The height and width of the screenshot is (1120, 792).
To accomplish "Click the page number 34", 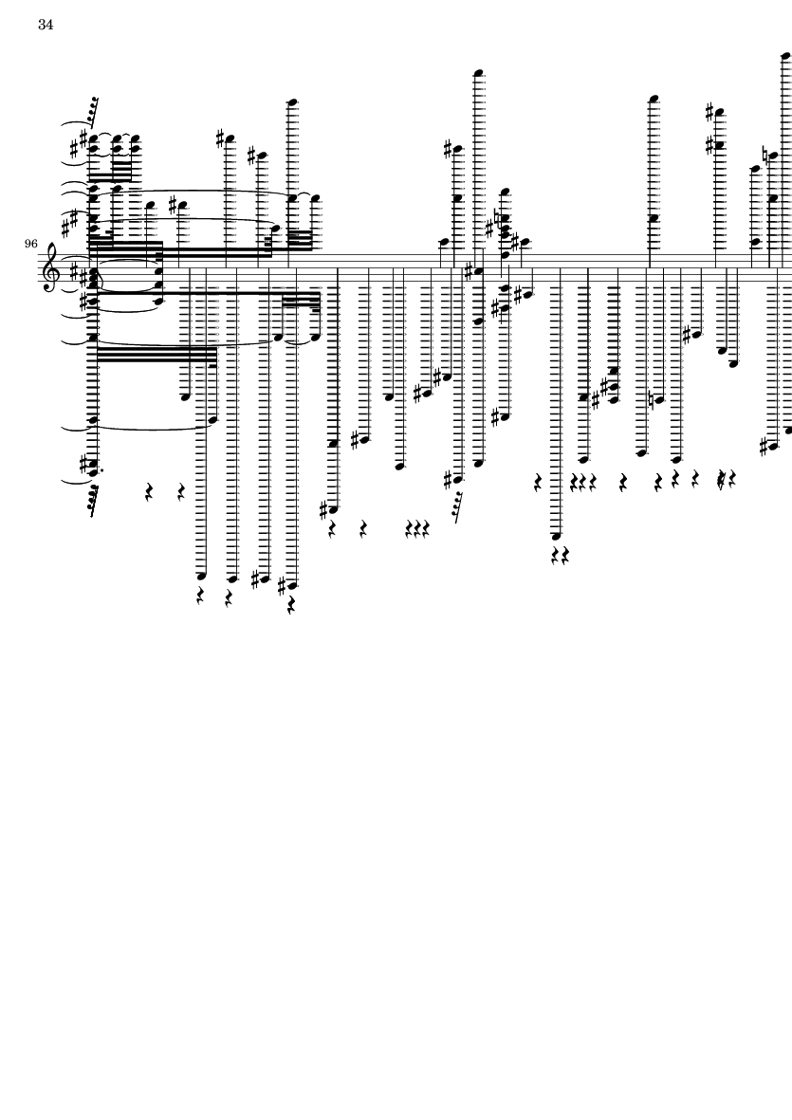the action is click(x=46, y=25).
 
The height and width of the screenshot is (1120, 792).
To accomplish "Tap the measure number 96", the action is click(x=30, y=245).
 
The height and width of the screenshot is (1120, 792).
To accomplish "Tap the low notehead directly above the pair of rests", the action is click(x=557, y=536).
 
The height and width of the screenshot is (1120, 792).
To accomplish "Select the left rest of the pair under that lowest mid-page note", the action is click(x=557, y=555).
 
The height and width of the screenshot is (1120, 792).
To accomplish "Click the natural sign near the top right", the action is click(x=764, y=155).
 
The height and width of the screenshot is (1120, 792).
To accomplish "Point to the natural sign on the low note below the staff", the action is click(x=651, y=398).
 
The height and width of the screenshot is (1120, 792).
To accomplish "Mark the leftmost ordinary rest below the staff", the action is click(x=149, y=491).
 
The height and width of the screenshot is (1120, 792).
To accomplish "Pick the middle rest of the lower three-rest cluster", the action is click(x=417, y=528).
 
